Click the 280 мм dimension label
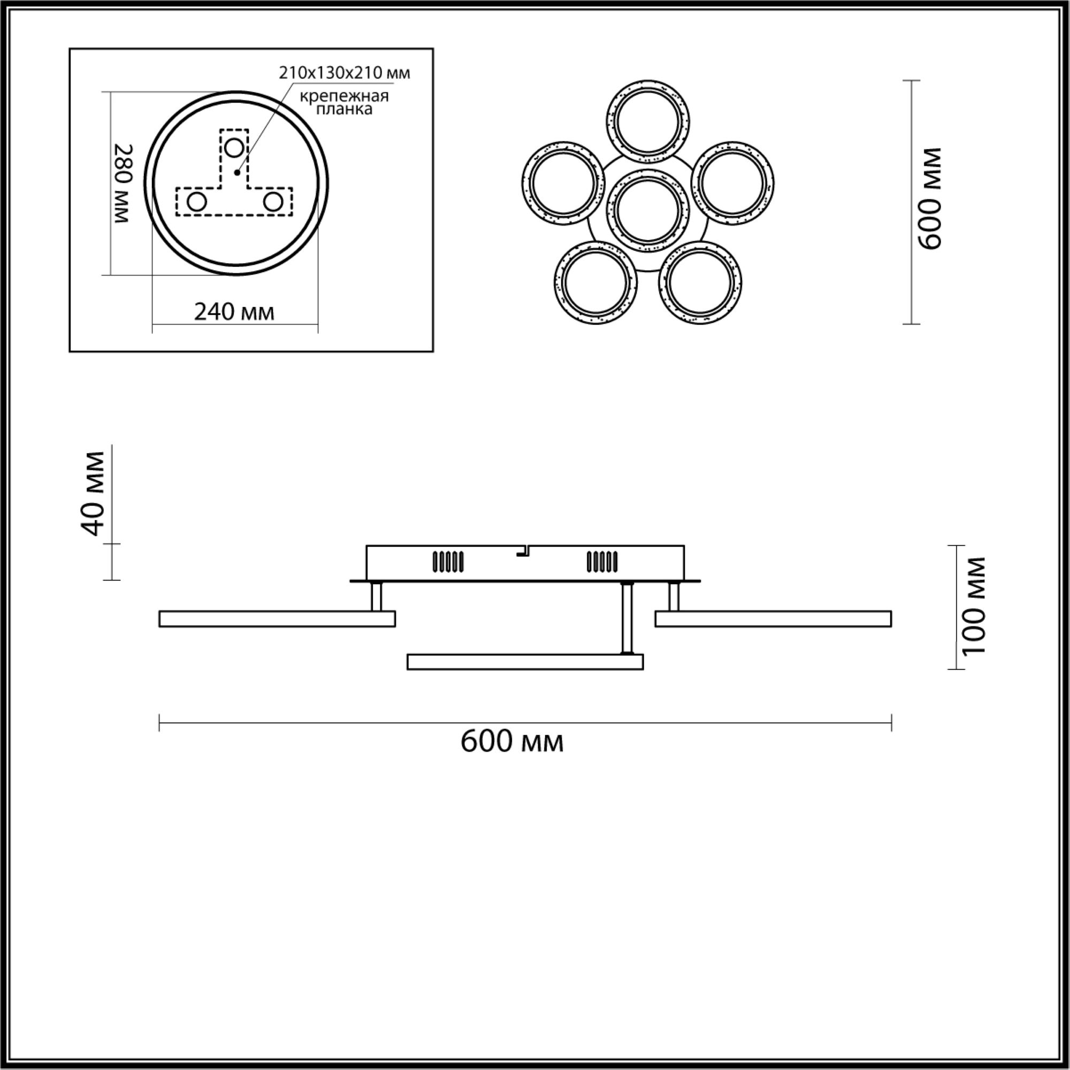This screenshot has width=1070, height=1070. tap(123, 184)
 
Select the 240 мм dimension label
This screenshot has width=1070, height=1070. tap(234, 312)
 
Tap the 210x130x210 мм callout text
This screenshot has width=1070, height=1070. tap(345, 73)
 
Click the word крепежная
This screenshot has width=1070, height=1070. tap(344, 96)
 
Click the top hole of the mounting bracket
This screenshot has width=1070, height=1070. tap(234, 148)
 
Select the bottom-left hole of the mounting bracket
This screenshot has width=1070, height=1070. tap(196, 202)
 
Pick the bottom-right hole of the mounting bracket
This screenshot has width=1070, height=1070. tap(272, 202)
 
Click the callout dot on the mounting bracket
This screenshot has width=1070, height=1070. tap(237, 173)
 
